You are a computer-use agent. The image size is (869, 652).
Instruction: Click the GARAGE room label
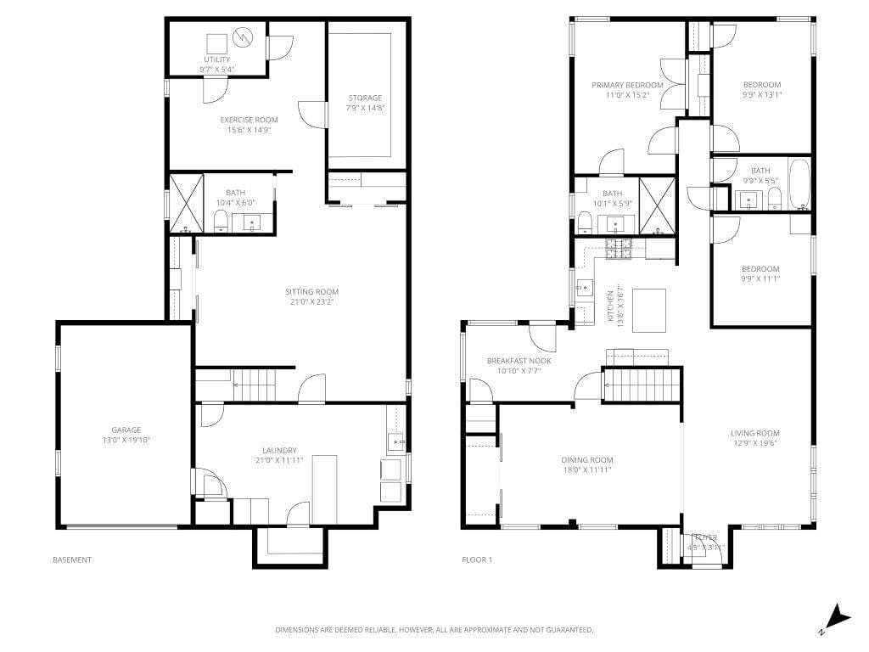126,430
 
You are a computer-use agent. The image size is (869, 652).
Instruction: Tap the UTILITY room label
216,59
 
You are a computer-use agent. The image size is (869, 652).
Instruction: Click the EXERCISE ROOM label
249,120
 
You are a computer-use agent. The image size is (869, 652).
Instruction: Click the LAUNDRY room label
279,450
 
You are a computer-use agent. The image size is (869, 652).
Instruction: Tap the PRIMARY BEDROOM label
627,85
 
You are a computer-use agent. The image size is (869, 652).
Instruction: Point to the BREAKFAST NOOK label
519,361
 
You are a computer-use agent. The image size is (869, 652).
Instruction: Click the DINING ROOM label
587,459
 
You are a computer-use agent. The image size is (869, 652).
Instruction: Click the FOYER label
704,537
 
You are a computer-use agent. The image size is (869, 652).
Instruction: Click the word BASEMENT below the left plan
72,559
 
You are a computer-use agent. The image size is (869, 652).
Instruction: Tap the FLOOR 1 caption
476,559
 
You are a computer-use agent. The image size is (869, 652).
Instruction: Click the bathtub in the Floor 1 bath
799,184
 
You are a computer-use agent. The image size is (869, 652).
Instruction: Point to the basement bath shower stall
187,204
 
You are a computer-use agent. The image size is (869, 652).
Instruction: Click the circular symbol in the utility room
244,37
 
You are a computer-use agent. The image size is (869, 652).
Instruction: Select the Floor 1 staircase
642,385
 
